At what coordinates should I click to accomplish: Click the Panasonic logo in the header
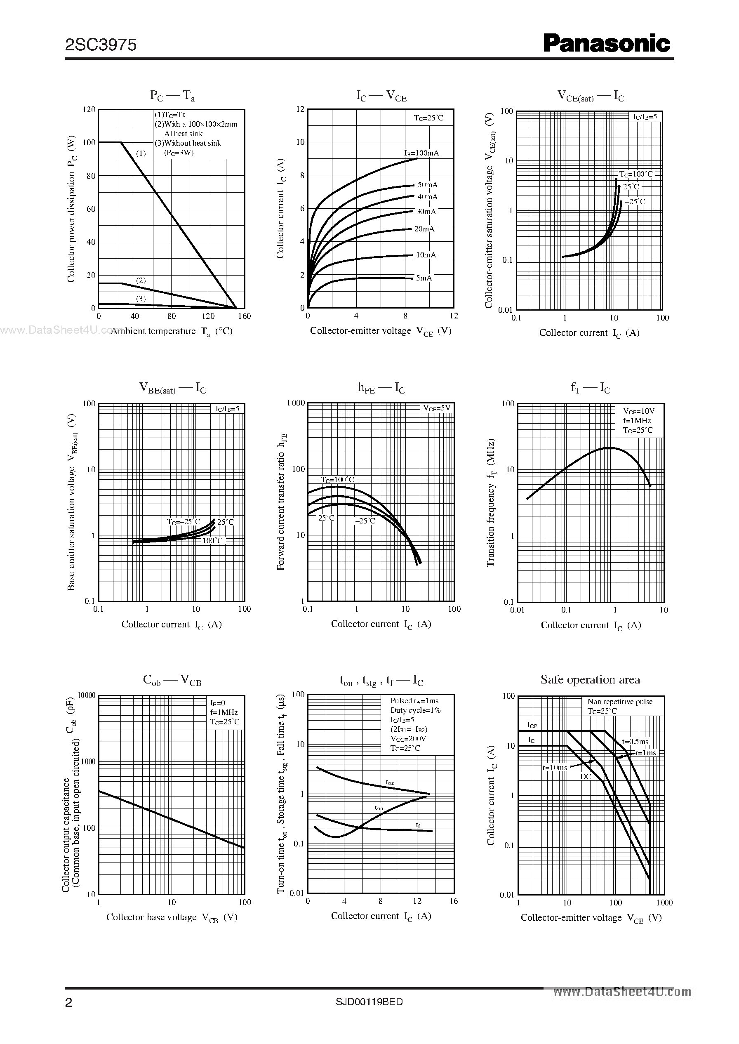click(606, 44)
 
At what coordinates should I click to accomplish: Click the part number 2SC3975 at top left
click(101, 45)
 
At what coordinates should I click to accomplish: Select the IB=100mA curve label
click(421, 153)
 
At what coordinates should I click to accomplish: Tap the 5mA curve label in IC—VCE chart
click(424, 278)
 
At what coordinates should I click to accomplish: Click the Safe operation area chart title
click(590, 679)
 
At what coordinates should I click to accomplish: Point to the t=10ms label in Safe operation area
click(554, 767)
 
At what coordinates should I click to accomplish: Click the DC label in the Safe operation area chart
click(585, 776)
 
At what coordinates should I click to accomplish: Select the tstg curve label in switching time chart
click(390, 782)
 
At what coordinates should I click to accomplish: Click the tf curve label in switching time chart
click(418, 824)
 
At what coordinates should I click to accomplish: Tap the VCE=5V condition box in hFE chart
click(436, 408)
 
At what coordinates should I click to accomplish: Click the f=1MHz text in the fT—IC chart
click(637, 420)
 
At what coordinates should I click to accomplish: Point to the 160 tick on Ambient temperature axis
click(245, 316)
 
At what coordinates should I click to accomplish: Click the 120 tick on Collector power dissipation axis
click(89, 109)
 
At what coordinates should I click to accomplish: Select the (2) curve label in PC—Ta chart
click(141, 280)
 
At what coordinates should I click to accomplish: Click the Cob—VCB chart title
click(172, 680)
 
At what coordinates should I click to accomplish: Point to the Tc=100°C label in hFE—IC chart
click(337, 480)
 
